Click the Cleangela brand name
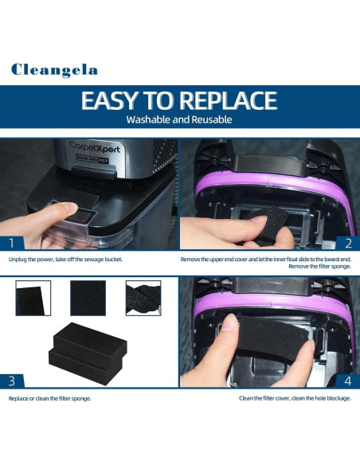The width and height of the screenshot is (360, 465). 54,70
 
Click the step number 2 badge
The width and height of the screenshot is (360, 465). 347,242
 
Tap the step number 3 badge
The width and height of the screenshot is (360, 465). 11,380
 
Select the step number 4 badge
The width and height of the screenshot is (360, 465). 347,380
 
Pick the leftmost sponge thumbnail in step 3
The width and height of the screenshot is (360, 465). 33,298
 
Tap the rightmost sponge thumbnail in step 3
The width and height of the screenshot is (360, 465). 143,298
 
